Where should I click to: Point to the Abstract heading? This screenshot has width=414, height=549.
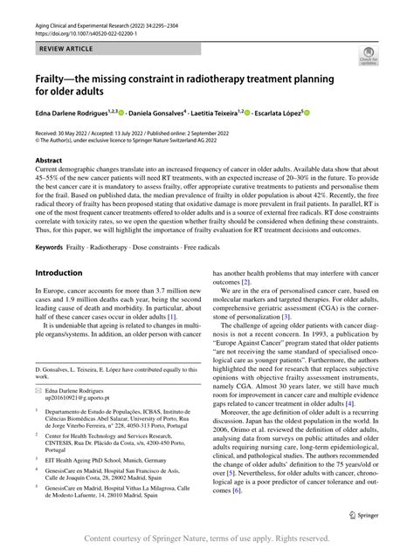click(49, 161)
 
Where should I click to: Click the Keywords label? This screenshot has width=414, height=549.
click(51, 248)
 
